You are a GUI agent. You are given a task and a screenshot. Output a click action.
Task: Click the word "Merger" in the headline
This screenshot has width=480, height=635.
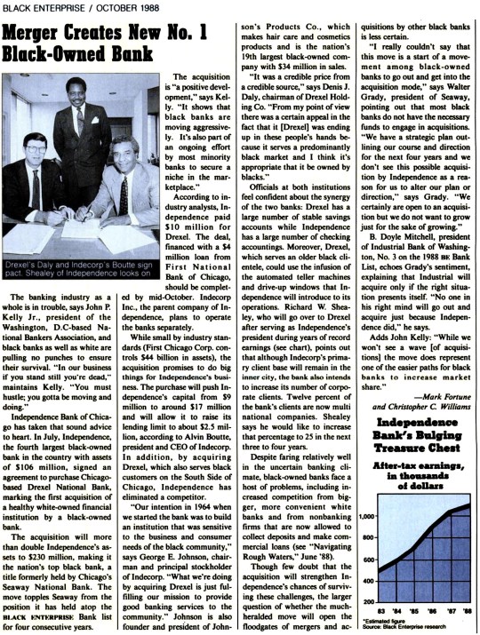[44, 36]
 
